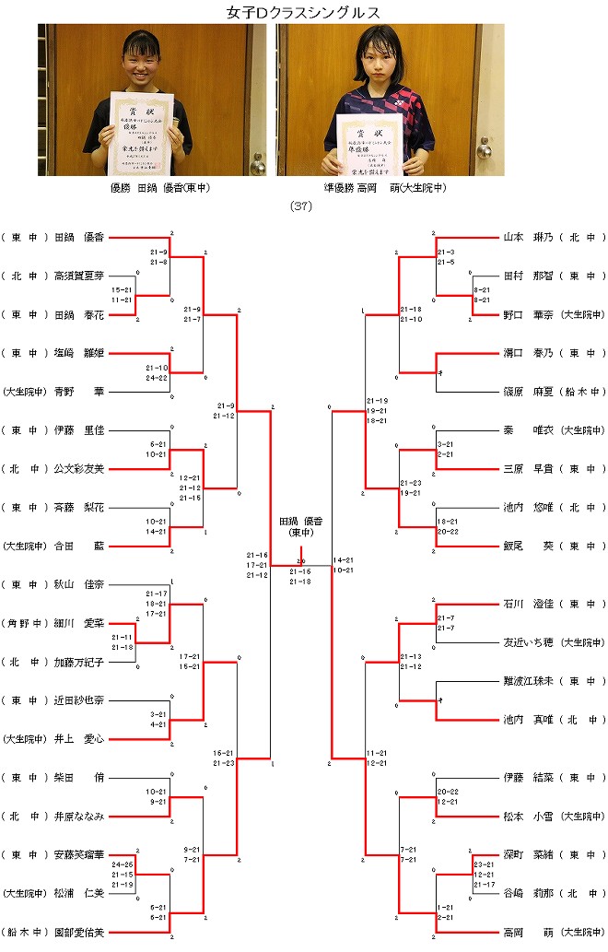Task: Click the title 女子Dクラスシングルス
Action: tap(303, 12)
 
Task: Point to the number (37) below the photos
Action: tap(301, 206)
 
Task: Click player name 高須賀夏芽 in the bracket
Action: tap(79, 276)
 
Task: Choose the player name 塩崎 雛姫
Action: tap(79, 352)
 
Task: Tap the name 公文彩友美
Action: tap(79, 468)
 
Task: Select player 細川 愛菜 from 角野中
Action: tap(79, 622)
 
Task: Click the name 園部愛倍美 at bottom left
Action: tap(79, 931)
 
